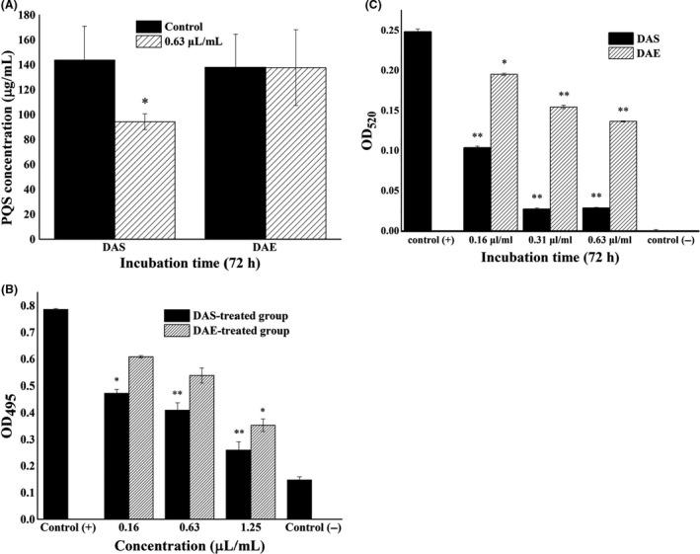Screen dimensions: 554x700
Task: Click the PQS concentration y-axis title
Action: [x=11, y=126]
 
